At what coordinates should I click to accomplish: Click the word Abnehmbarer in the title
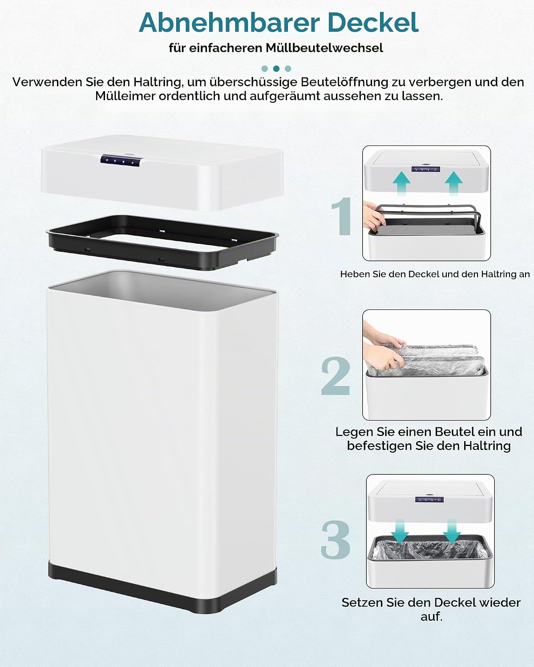[229, 23]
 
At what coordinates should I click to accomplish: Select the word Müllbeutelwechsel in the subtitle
[324, 48]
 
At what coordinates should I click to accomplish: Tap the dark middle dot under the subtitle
[276, 68]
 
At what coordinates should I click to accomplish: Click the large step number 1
[342, 216]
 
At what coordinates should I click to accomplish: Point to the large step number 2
[336, 375]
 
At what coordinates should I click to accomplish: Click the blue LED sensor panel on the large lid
[121, 161]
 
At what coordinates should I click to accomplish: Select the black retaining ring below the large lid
[162, 242]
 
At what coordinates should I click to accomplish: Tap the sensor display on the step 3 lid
[429, 499]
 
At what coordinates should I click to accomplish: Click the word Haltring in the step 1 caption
[494, 274]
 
